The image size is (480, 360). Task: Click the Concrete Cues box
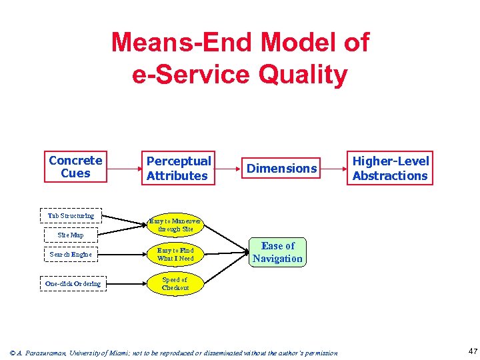coord(75,167)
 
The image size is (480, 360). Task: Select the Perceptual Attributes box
coord(178,169)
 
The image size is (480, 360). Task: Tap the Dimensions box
coord(282,169)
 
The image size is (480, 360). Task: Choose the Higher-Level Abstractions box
coord(390,168)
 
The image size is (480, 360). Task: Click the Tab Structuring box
coord(71,216)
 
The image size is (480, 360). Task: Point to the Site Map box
coord(71,235)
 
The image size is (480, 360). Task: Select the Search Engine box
coord(71,254)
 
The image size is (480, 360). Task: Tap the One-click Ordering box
coord(73,284)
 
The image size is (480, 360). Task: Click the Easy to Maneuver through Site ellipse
coord(175,224)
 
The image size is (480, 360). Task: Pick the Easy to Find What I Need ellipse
coord(175,254)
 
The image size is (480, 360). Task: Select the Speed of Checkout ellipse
coord(175,283)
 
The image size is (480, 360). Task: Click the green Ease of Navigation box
coord(277,252)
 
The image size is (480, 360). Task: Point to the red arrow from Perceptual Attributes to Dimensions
coord(227,169)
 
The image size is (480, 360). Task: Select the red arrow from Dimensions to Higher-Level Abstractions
coord(333,168)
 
